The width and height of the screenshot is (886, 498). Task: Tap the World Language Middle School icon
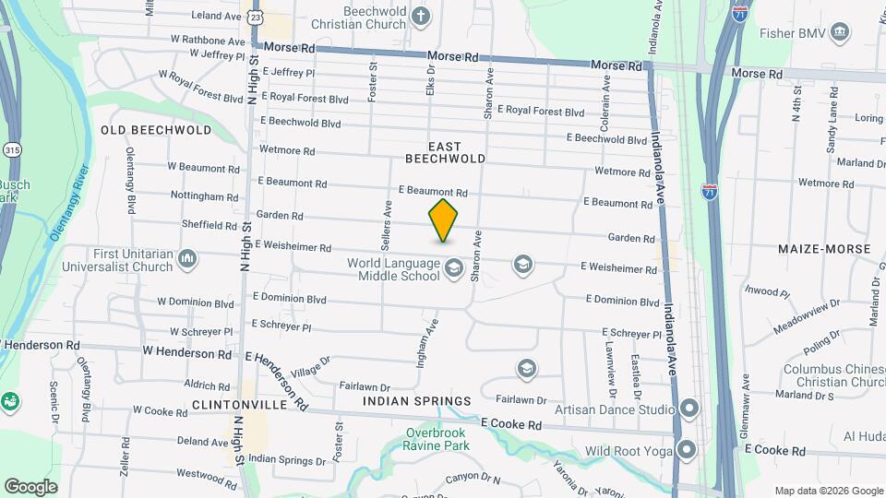[x=453, y=268]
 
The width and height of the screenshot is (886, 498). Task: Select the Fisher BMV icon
[x=840, y=34]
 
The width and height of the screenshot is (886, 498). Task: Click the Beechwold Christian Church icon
[x=421, y=17]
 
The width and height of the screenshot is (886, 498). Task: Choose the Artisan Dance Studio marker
[x=688, y=409]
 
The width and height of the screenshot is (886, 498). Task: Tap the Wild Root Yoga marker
[x=686, y=450]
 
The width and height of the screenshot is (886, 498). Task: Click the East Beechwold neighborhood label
[x=445, y=152]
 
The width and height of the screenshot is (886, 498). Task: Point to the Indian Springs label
[x=417, y=401]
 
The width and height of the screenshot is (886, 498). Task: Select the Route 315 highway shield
[x=11, y=149]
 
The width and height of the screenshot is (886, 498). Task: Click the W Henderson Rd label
[x=187, y=353]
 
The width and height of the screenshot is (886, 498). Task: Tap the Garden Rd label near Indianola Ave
[x=630, y=238]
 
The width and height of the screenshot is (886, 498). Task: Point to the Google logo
[x=30, y=486]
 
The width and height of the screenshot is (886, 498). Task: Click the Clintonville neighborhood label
[x=235, y=404]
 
